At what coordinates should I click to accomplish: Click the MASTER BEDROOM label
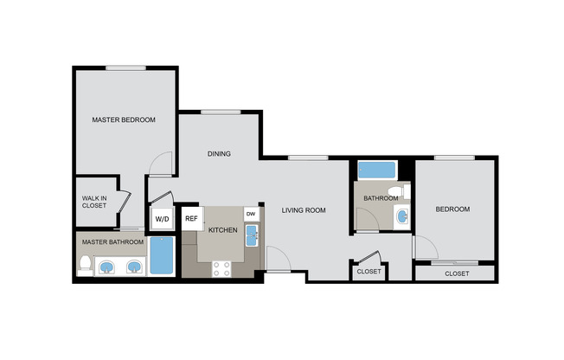tap(124, 120)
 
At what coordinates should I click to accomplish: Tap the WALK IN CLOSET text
tap(94, 202)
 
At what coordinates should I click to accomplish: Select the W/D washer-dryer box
tap(162, 219)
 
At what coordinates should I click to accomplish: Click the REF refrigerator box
tap(191, 219)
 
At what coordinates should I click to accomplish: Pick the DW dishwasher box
tap(251, 213)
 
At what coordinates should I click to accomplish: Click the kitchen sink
tap(251, 235)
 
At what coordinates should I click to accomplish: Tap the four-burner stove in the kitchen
tap(221, 268)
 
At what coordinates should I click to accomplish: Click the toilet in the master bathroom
tap(85, 265)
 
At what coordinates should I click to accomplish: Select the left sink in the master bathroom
tap(108, 267)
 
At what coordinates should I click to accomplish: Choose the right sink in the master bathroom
tap(134, 267)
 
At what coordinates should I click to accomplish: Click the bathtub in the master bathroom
tap(162, 256)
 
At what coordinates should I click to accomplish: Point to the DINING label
tap(219, 155)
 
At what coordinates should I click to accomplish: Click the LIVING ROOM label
tap(304, 209)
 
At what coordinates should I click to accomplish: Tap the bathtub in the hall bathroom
tap(376, 170)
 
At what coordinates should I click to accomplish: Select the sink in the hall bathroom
tap(401, 216)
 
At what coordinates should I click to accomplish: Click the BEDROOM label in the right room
tap(452, 209)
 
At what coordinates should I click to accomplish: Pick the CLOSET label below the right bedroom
tap(457, 273)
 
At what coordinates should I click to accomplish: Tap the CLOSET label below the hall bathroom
tap(369, 272)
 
